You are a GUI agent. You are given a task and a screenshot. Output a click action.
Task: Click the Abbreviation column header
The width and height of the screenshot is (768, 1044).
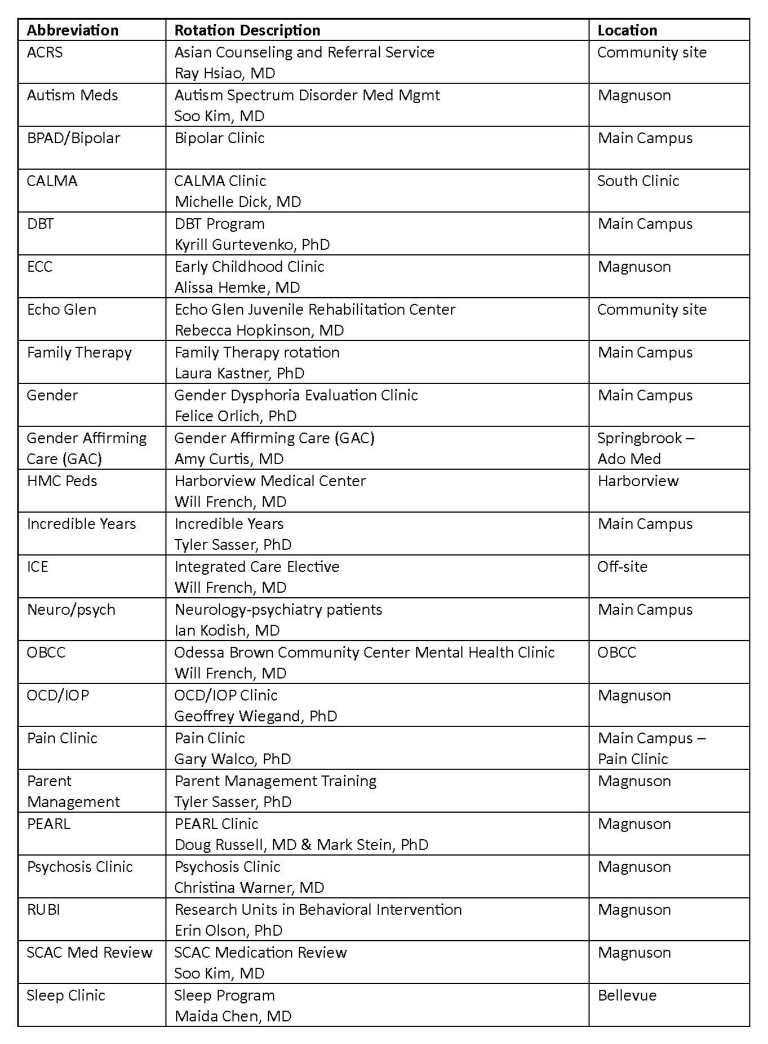(73, 30)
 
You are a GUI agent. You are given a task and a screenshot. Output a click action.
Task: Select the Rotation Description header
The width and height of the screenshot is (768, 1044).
(247, 30)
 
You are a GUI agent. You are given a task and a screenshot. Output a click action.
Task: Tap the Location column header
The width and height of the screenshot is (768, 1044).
(627, 30)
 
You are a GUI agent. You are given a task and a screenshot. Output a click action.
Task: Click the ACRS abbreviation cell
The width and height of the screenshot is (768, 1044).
(45, 52)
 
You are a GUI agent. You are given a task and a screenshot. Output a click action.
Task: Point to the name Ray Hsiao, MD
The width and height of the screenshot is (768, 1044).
(225, 73)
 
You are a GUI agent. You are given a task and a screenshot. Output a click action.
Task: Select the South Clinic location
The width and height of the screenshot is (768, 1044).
(638, 181)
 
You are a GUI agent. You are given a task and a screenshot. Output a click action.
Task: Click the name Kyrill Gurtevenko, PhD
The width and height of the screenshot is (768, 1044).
(252, 245)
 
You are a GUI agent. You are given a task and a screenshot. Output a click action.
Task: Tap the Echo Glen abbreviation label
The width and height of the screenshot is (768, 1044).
(61, 310)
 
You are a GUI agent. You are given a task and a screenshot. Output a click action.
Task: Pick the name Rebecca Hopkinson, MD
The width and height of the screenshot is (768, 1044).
(259, 331)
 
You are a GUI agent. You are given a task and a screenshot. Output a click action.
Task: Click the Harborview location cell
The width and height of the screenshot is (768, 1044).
(638, 481)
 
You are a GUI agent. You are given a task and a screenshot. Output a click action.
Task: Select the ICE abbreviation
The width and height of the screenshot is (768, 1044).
(38, 567)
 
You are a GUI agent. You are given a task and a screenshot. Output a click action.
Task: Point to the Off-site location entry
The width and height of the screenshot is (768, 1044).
(622, 567)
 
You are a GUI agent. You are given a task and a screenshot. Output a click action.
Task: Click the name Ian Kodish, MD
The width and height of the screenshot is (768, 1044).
(227, 631)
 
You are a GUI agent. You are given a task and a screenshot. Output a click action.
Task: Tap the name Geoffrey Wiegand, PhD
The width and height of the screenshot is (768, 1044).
(255, 716)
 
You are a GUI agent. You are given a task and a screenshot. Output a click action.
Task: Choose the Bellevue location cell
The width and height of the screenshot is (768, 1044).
(627, 995)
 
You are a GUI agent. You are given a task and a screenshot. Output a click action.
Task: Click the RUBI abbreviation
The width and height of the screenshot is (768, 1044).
(43, 910)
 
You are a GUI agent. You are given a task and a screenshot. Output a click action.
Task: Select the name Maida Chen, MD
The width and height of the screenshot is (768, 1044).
(233, 1016)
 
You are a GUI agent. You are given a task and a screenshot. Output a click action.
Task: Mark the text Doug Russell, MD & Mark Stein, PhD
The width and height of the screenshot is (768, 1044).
(301, 845)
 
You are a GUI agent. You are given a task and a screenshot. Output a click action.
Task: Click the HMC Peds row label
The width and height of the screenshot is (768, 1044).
(62, 481)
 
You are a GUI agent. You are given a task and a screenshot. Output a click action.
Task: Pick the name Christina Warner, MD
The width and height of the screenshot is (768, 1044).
(249, 888)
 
